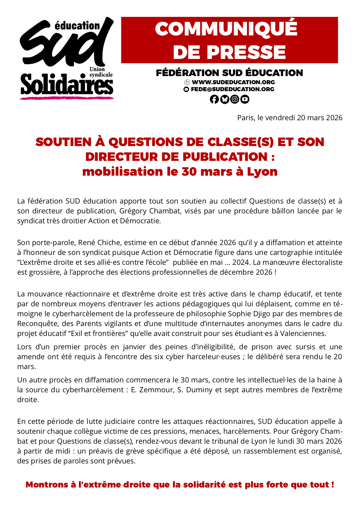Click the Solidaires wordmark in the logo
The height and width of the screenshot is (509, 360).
click(x=67, y=85)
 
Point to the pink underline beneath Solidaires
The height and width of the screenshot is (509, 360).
click(x=67, y=98)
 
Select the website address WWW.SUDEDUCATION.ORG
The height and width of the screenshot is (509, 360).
click(x=233, y=82)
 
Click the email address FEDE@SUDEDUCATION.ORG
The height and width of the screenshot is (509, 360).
click(x=232, y=89)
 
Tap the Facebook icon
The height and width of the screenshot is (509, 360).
click(x=214, y=99)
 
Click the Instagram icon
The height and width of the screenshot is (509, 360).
click(x=235, y=99)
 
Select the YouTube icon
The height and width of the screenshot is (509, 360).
click(x=245, y=99)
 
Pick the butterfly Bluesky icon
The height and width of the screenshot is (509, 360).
click(x=224, y=99)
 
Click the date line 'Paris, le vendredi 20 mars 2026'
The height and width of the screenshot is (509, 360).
click(x=290, y=118)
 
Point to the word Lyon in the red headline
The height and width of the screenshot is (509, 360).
click(x=262, y=172)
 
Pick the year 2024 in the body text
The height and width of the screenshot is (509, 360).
click(x=241, y=262)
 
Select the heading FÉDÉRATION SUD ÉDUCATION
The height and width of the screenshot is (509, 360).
click(x=229, y=73)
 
